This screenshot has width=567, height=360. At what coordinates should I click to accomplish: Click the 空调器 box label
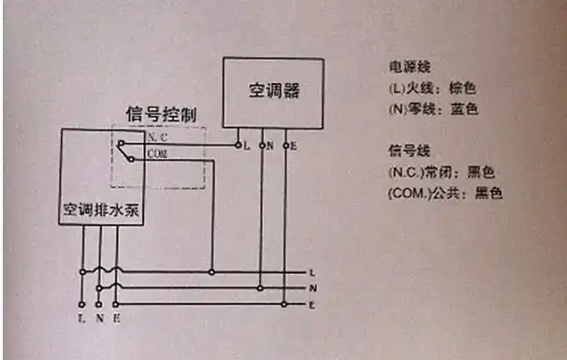coord(272,92)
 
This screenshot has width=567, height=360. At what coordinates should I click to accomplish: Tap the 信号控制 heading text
coord(161,114)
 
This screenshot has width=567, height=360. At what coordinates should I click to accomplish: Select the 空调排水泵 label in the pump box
coord(102,208)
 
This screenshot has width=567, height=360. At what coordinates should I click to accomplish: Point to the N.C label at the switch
coord(155,137)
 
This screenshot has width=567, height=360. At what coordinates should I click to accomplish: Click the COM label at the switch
coord(156,153)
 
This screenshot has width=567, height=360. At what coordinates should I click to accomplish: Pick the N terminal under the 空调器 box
coord(269,147)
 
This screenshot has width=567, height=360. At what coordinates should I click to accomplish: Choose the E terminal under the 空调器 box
coord(294,147)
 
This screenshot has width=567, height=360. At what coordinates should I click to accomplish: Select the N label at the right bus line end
coord(322,288)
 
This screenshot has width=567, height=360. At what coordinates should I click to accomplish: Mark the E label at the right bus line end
coord(322,305)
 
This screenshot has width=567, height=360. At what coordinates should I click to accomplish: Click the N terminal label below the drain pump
coord(99,319)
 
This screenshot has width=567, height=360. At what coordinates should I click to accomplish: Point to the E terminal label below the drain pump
coord(116,319)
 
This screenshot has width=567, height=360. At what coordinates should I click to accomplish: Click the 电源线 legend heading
coord(407,68)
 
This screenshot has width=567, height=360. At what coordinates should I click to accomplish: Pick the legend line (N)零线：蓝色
coord(432,109)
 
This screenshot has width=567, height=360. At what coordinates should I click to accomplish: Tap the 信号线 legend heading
coord(407,151)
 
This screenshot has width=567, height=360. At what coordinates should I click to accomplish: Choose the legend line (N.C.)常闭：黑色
coord(440,172)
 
